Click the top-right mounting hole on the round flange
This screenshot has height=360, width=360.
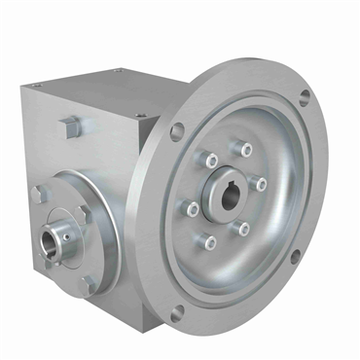point(305,96)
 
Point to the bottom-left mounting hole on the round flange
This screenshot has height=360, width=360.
point(177,312)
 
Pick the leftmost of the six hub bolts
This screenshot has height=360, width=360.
point(193,208)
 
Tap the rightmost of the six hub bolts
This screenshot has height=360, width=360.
point(260,182)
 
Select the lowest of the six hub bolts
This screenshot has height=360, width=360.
point(209,239)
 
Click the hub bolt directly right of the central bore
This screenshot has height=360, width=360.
point(260,182)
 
